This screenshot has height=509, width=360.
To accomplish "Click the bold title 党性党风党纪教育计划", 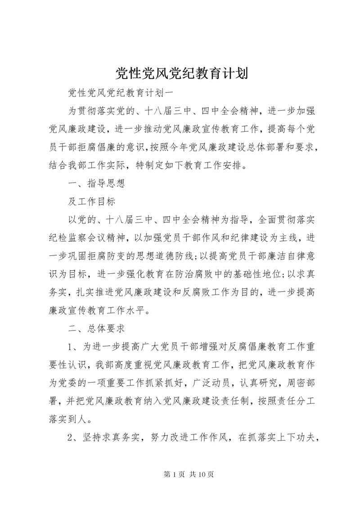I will (x=180, y=73).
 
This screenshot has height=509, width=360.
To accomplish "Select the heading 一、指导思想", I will (x=95, y=183).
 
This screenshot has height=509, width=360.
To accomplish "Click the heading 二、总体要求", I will (x=95, y=328).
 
